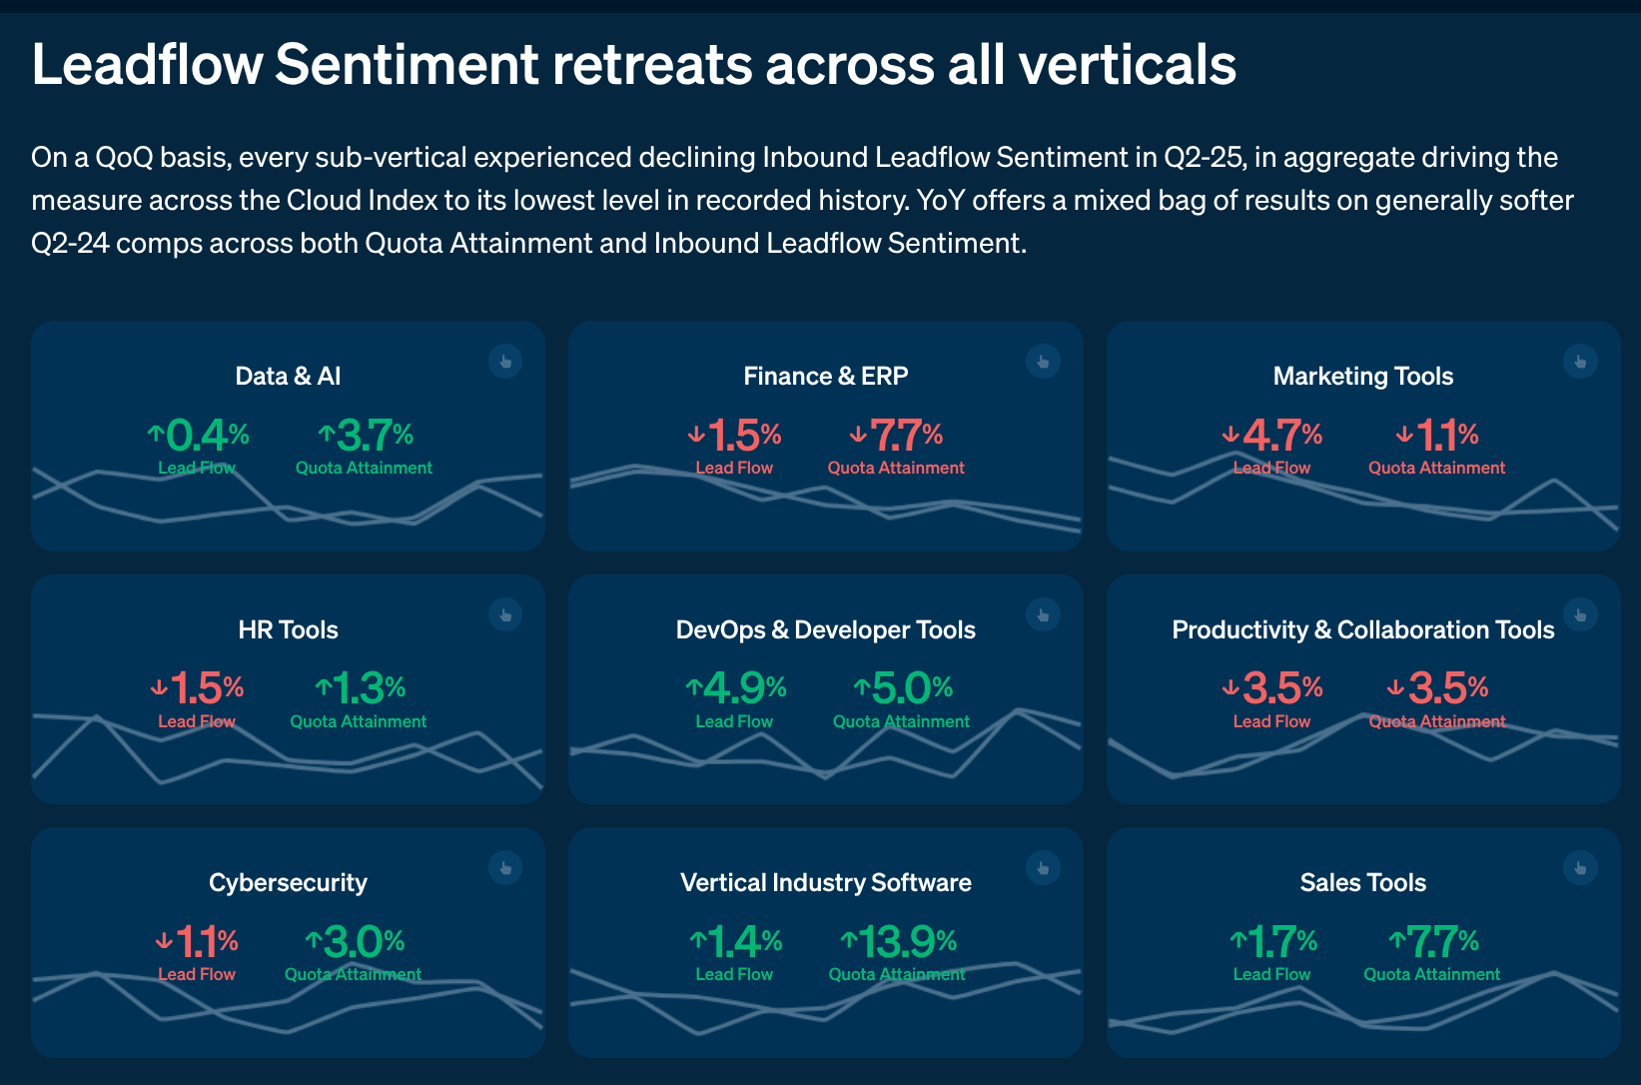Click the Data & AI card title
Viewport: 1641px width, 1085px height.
[288, 376]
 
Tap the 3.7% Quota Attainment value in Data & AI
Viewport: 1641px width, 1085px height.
[366, 436]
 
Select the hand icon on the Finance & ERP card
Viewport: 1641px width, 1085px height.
[1043, 362]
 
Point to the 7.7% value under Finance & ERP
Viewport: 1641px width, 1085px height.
[897, 436]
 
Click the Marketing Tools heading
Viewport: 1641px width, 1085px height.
[1362, 376]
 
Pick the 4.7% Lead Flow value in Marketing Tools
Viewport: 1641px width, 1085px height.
[1272, 436]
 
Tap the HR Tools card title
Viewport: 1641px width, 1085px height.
[288, 629]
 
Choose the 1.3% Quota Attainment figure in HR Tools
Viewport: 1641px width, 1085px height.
[360, 688]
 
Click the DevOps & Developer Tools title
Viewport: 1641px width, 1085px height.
[825, 629]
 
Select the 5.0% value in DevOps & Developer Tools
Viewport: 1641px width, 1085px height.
[903, 688]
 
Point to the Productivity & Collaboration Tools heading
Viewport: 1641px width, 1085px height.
[1362, 629]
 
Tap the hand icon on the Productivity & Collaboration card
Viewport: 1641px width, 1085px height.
[1580, 614]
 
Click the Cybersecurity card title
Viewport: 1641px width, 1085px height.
[288, 882]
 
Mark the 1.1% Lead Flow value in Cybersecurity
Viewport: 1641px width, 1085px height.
[197, 941]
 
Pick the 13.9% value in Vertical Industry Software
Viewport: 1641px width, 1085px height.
[898, 941]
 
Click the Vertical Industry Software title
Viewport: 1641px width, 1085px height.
[825, 882]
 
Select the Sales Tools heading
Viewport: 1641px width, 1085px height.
[1362, 882]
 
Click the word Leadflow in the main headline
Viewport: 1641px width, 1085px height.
[147, 65]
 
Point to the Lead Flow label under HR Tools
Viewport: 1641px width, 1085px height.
[197, 721]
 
